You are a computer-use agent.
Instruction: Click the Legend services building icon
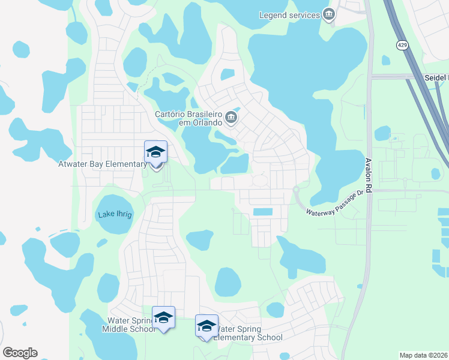click(328, 14)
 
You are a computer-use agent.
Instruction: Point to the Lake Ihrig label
click(114, 215)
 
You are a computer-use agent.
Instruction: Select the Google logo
click(20, 353)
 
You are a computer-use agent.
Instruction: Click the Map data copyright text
click(424, 355)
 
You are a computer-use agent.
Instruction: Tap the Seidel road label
click(435, 77)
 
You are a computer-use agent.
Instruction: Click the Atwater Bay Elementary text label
click(100, 163)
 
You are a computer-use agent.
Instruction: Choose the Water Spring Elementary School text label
click(249, 333)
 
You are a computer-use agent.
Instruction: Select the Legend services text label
click(289, 15)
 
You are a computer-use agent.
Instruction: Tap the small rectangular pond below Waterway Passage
click(262, 212)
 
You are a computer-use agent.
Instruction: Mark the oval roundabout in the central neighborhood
click(260, 180)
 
